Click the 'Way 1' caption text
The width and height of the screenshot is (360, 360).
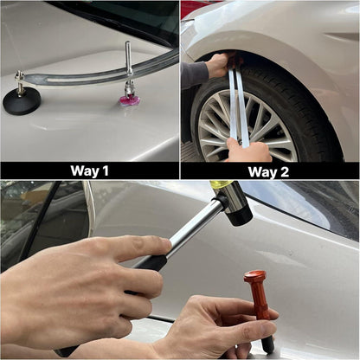point(89,170)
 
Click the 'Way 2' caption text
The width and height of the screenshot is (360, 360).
point(268,172)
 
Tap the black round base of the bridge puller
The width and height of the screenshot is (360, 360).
point(22,100)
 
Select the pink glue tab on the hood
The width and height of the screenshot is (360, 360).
point(130,100)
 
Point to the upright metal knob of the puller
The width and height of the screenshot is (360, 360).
point(128,57)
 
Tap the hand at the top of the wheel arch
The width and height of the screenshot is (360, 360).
point(218,65)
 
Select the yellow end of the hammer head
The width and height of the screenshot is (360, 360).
point(221,184)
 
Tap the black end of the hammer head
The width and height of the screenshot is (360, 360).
point(239,215)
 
